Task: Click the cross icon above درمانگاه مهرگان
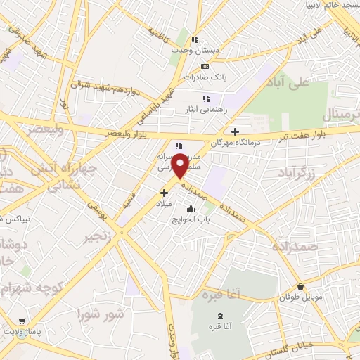point(235,131)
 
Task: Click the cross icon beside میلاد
point(164,192)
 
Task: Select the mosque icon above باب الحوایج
point(191,208)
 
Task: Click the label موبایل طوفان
point(303,297)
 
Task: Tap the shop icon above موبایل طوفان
point(301,286)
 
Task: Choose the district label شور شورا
point(102,313)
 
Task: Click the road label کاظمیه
point(159,33)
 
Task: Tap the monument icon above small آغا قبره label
point(221,316)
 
